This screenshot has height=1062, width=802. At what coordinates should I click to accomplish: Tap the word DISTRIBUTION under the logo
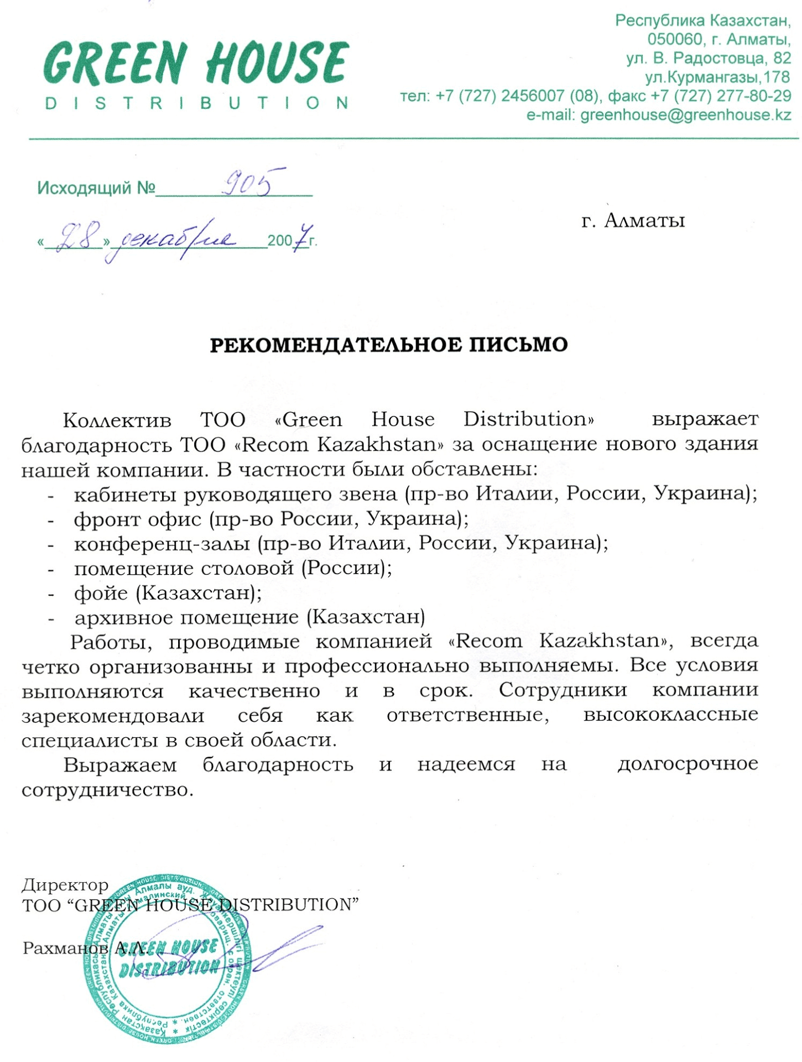click(x=196, y=103)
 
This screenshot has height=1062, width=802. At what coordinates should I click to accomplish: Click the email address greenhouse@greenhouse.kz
click(x=685, y=115)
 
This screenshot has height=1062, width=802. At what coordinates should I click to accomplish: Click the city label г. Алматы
click(x=633, y=220)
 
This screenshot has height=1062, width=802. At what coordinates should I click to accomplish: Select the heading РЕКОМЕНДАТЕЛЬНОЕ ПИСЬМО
click(x=389, y=345)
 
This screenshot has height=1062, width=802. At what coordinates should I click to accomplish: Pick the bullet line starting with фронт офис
click(x=271, y=519)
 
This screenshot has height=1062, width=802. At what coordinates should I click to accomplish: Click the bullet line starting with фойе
click(x=168, y=593)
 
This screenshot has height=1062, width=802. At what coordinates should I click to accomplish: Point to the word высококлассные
click(x=670, y=714)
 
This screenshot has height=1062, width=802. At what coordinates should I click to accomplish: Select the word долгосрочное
click(x=688, y=764)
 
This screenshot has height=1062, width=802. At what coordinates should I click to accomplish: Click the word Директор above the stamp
click(x=65, y=885)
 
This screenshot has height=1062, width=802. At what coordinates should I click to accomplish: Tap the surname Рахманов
click(x=66, y=948)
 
